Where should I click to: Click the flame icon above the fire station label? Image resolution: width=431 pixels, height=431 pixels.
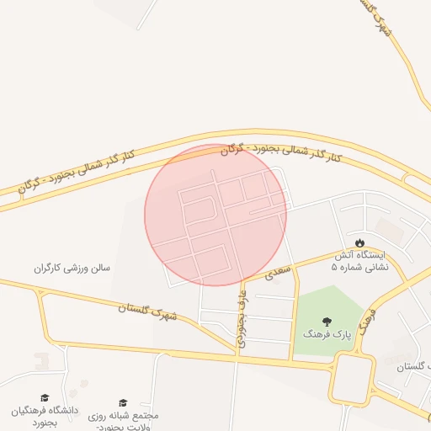(361, 242)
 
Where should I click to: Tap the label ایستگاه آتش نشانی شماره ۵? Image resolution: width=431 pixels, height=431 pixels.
(361, 260)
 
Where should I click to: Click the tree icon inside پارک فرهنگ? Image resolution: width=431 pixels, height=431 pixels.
(327, 321)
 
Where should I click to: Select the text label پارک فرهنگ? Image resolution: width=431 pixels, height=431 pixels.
(327, 335)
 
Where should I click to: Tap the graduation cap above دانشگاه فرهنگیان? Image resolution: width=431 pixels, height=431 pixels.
(45, 398)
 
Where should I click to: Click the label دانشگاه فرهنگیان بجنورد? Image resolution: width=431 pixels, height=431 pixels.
(44, 416)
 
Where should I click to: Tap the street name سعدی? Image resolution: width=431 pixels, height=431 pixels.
(277, 272)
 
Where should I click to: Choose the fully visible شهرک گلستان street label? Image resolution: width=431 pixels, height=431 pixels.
(148, 312)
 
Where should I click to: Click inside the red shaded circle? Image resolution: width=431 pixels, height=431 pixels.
(215, 215)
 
